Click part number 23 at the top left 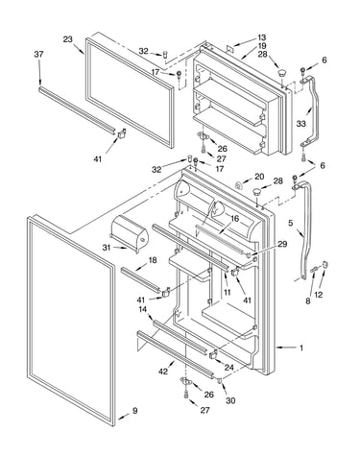click(x=67, y=39)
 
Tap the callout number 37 click(x=38, y=55)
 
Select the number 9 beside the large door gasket click(x=134, y=411)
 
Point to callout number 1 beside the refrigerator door click(x=301, y=348)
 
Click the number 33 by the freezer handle click(x=301, y=124)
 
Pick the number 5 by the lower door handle click(x=290, y=223)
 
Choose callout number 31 click(x=107, y=248)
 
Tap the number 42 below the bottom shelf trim click(x=163, y=372)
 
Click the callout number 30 click(x=230, y=400)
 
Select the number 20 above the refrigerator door click(x=259, y=177)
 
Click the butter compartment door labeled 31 click(x=129, y=232)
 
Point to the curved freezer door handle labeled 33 click(x=309, y=110)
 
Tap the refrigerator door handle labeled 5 click(x=302, y=230)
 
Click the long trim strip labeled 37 click(x=77, y=110)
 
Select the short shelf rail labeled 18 click(x=140, y=279)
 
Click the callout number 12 click(x=319, y=295)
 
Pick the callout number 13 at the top click(x=262, y=37)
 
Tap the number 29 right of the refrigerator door click(x=282, y=245)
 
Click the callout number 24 click(x=228, y=368)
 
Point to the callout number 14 click(x=143, y=309)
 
